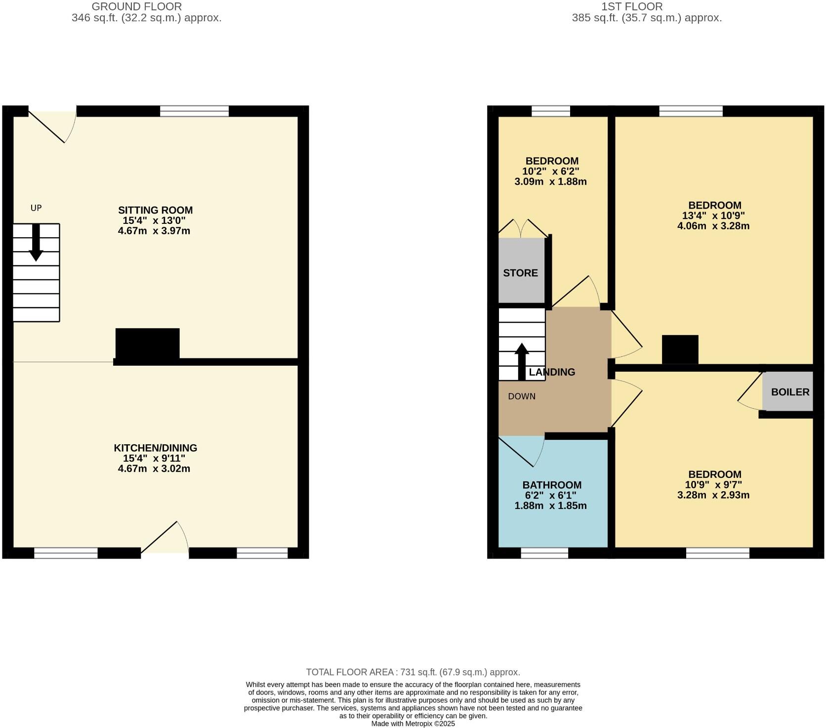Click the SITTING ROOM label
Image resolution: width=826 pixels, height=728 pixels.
[x=155, y=210]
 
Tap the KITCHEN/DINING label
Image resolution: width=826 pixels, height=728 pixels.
[x=155, y=448]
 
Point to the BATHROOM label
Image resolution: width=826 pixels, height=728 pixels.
[x=552, y=485]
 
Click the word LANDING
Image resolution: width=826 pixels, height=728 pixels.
[x=552, y=372]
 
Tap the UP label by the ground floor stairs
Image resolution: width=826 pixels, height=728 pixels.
[x=36, y=208]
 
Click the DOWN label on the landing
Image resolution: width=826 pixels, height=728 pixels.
[x=522, y=396]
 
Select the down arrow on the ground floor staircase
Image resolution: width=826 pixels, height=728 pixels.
[x=36, y=243]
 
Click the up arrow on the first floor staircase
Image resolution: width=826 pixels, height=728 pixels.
[x=522, y=361]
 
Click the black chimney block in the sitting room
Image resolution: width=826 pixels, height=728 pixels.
[x=147, y=344]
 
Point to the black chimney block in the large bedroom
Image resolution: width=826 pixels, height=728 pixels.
[x=680, y=349]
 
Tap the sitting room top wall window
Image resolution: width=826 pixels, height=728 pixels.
[x=194, y=111]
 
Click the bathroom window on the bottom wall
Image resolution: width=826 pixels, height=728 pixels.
[x=544, y=553]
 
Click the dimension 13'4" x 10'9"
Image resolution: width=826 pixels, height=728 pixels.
[x=714, y=215]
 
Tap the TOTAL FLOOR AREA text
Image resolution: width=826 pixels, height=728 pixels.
[x=413, y=672]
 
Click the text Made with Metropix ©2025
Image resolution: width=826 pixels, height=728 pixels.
[x=413, y=724]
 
